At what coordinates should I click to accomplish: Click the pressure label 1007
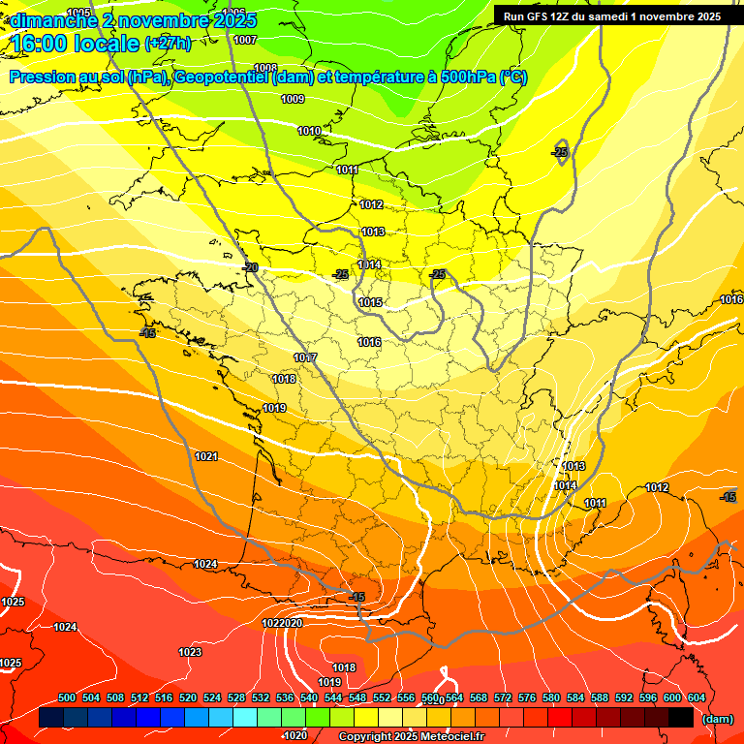pos(245,40)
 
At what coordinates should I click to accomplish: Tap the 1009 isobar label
pos(293,99)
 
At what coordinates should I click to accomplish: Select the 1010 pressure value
pos(309,131)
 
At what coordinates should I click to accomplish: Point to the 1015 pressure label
pos(370,303)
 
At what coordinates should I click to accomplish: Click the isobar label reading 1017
pos(305,358)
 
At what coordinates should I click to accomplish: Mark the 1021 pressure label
pos(206,456)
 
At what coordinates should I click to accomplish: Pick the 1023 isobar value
pos(190,652)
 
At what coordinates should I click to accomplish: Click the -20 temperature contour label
pos(250,267)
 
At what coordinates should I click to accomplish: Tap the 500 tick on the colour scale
pos(67,697)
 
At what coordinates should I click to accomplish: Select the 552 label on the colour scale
pos(382,697)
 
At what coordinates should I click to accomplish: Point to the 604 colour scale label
pos(697,697)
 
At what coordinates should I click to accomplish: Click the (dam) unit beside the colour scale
pos(718,719)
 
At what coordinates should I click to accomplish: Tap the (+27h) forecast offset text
pos(168,43)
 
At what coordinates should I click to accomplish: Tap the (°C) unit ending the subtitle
pos(512,77)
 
